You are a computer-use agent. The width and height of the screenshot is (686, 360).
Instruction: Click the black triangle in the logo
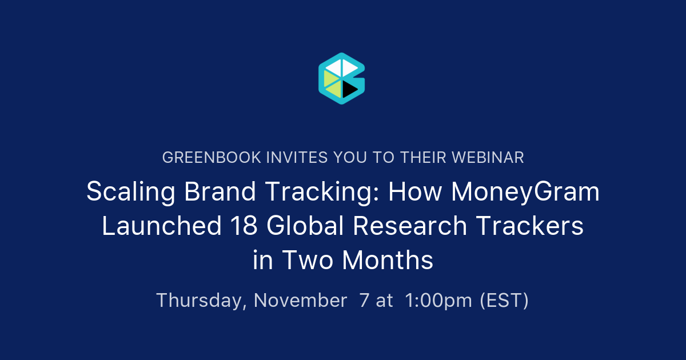click(348, 89)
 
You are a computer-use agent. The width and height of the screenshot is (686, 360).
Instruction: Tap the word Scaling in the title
click(131, 192)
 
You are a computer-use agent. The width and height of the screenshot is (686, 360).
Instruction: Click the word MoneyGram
click(525, 192)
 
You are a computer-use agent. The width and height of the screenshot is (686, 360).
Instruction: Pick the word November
click(300, 301)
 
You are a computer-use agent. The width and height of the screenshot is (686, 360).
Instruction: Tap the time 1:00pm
click(438, 301)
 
